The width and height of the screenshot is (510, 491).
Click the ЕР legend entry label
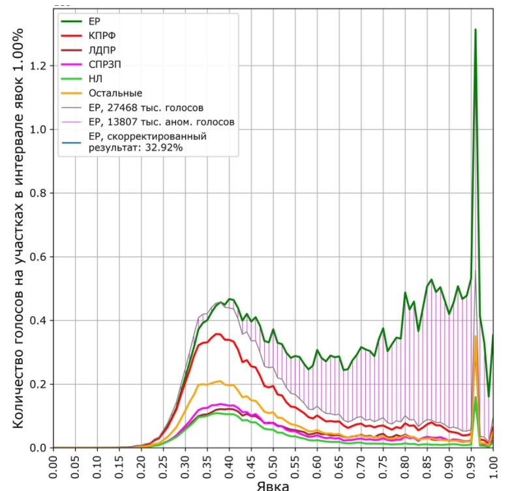[x=95, y=21]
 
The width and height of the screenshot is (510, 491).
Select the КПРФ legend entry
[x=102, y=36]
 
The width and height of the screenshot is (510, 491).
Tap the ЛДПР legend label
[x=102, y=50]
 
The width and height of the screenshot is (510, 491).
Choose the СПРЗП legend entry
[x=105, y=64]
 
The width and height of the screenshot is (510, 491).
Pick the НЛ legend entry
[x=95, y=79]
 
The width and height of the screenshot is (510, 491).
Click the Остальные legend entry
[x=115, y=93]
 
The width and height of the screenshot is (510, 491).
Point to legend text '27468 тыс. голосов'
[x=155, y=108]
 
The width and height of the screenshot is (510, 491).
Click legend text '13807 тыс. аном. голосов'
[x=171, y=122]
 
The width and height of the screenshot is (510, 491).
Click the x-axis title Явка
[x=273, y=486]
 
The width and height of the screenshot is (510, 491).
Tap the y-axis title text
[x=18, y=229]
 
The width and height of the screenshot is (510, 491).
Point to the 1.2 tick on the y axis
[x=38, y=66]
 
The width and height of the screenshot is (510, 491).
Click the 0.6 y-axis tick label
[x=38, y=257]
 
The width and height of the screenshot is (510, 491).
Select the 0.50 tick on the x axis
[x=273, y=467]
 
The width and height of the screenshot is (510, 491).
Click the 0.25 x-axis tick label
[x=163, y=467]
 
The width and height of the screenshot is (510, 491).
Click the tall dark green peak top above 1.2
[x=475, y=29]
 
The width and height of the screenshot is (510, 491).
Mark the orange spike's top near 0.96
[x=475, y=336]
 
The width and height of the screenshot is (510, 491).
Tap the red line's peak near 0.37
[x=218, y=334]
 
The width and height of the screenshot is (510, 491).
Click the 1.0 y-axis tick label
[x=38, y=130]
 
